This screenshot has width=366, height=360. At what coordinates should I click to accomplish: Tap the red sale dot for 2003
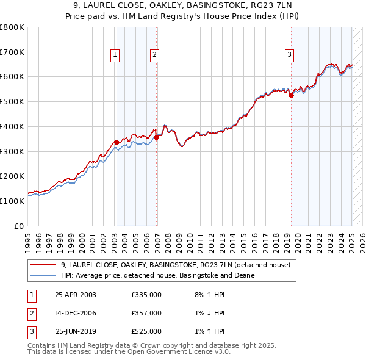(117, 143)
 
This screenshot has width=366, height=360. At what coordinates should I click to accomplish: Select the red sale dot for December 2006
(157, 137)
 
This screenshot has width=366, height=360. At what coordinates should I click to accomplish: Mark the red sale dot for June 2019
(291, 95)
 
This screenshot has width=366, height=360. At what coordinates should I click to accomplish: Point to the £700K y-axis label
(12, 52)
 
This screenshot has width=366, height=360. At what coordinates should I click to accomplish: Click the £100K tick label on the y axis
(12, 201)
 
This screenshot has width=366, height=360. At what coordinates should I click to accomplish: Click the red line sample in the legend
(43, 265)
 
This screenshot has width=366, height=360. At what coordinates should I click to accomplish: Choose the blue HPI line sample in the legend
(43, 275)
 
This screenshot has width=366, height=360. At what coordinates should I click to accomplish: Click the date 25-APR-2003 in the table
(76, 295)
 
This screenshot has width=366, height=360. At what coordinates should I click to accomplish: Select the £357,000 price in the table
(146, 313)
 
